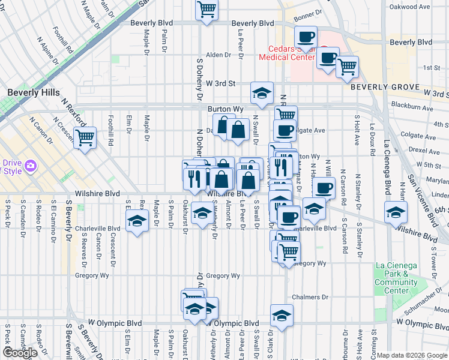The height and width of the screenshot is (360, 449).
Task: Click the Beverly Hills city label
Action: point(34,92)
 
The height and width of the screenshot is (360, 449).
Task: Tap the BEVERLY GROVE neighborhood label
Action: point(385,87)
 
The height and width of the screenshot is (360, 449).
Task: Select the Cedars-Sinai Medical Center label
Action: point(287,53)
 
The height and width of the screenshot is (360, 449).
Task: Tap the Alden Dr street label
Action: point(218,55)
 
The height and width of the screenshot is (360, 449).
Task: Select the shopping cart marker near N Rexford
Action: point(85,138)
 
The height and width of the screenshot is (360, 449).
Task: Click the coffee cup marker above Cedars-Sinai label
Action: point(306,35)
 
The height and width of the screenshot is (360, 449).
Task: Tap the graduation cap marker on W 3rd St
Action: point(262,92)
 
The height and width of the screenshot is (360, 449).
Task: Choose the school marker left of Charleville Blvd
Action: point(137,221)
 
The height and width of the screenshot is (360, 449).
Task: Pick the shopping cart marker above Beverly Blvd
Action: point(206,9)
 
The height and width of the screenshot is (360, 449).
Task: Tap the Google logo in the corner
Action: point(20,353)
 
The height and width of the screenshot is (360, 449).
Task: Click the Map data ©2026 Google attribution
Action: point(412,355)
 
